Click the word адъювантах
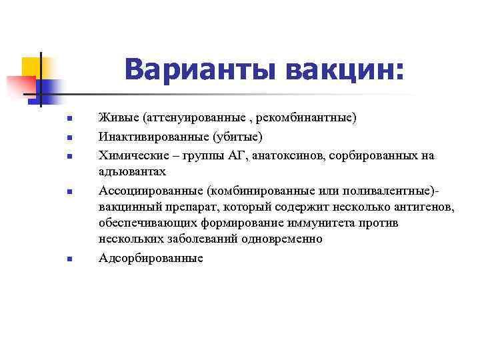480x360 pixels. [131, 172]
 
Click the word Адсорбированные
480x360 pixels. [150, 258]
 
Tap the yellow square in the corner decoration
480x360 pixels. [31, 67]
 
